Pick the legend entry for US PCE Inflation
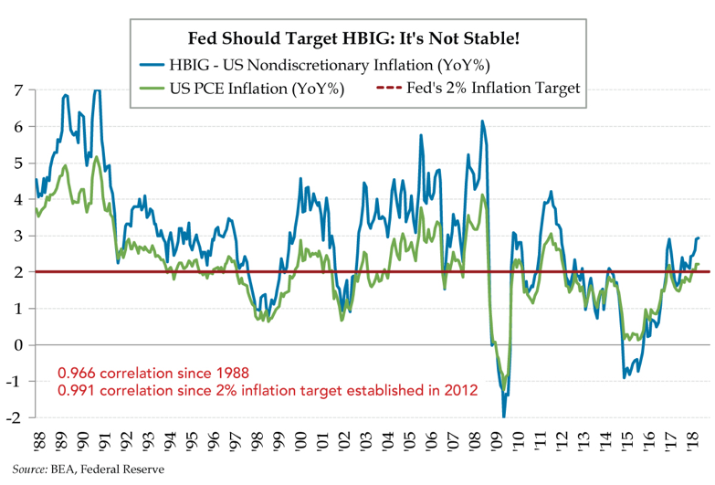pyautogui.click(x=255, y=89)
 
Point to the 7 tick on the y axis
pyautogui.click(x=17, y=90)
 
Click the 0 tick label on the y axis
pyautogui.click(x=17, y=345)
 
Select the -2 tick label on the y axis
pyautogui.click(x=15, y=418)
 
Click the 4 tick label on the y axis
pyautogui.click(x=17, y=199)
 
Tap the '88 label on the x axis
pyautogui.click(x=37, y=441)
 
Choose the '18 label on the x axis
pyautogui.click(x=692, y=441)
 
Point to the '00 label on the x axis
pyautogui.click(x=300, y=441)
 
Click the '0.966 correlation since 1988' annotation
pyautogui.click(x=153, y=373)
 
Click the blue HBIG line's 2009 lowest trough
pyautogui.click(x=504, y=416)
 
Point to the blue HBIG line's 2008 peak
pyautogui.click(x=482, y=121)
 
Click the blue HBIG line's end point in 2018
pyautogui.click(x=699, y=237)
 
